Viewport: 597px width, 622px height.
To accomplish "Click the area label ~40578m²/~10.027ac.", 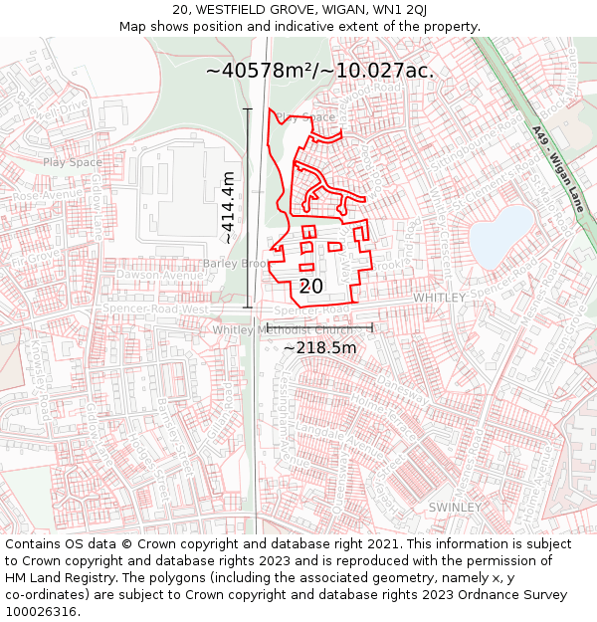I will coord(319,71).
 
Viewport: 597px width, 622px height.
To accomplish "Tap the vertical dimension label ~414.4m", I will coord(229,206).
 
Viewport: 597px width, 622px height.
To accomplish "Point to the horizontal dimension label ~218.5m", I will coord(319,347).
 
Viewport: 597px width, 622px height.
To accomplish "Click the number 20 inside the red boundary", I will coord(310,287).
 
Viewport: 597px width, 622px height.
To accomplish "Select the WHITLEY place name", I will coord(439,298).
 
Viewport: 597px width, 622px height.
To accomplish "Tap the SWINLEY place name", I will coord(454,507).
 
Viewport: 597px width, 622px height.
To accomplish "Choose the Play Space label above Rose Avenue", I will coord(72,161).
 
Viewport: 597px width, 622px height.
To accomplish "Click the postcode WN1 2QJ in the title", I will coord(400,10).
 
